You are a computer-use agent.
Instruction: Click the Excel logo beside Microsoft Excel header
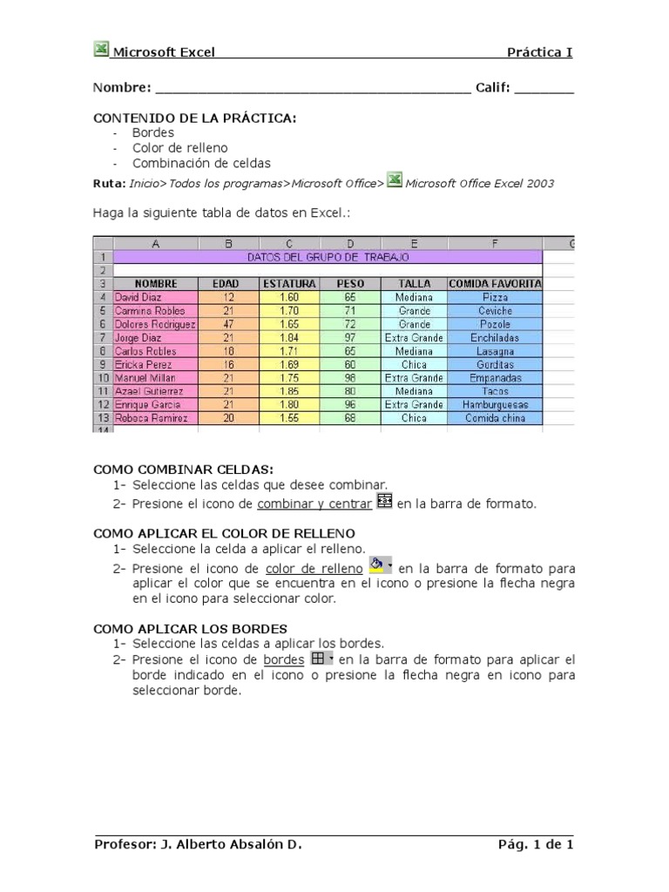(101, 50)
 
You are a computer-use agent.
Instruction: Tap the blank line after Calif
(550, 89)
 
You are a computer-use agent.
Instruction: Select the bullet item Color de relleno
(179, 148)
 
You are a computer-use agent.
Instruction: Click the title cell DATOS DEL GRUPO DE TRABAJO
(328, 257)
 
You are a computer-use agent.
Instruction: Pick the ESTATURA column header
(288, 284)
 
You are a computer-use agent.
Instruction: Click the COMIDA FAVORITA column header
(495, 284)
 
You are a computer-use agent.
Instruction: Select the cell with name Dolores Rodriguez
(156, 324)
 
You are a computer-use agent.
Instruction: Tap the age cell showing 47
(229, 324)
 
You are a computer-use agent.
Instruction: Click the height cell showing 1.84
(288, 338)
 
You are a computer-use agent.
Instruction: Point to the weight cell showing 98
(351, 378)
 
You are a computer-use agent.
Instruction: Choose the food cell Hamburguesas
(495, 405)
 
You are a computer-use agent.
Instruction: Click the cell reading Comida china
(495, 419)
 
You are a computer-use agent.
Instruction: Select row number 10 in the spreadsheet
(102, 378)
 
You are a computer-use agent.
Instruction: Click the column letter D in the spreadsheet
(351, 244)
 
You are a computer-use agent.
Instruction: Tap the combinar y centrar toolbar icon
(384, 502)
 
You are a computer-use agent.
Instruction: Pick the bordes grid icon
(318, 659)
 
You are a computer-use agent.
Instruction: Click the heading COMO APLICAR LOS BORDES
(190, 628)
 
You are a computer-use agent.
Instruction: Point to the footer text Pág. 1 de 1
(535, 844)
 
